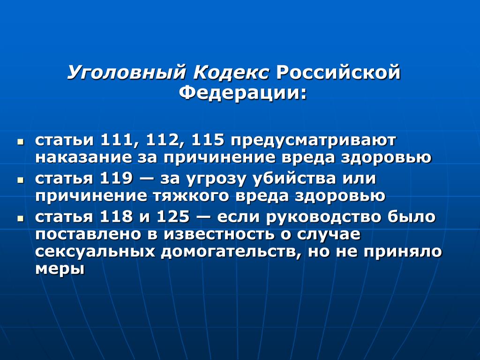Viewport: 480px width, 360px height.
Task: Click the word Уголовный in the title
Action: click(127, 73)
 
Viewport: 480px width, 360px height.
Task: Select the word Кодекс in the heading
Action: click(232, 73)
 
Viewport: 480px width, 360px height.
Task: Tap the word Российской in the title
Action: click(338, 73)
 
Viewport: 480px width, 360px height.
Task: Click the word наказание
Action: click(83, 157)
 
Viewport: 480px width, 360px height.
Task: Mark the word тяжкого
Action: click(191, 196)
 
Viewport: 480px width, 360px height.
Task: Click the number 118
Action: click(117, 217)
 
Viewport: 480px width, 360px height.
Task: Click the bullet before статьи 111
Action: click(21, 142)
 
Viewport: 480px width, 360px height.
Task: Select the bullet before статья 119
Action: click(21, 180)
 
